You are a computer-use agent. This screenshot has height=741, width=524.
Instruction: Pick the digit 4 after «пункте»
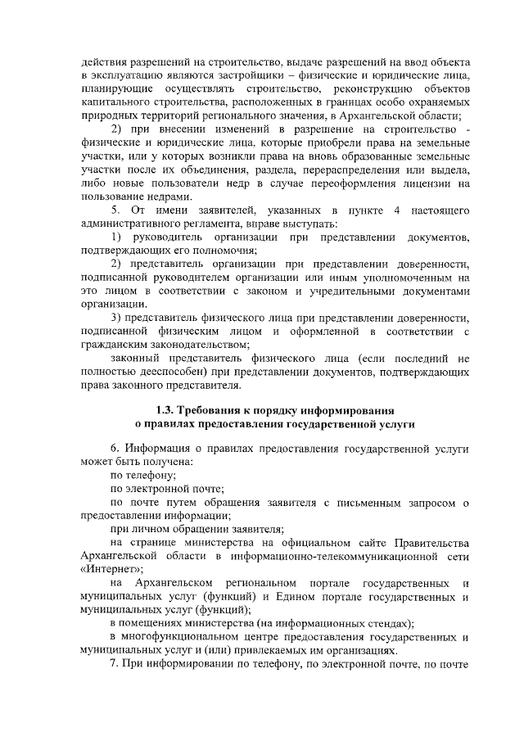[396, 211]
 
